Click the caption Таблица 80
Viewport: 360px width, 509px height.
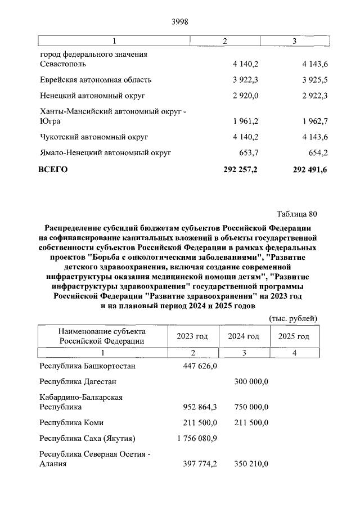pyautogui.click(x=297, y=214)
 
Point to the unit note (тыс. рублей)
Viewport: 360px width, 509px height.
pyautogui.click(x=294, y=318)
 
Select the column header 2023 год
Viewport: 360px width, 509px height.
pyautogui.click(x=192, y=336)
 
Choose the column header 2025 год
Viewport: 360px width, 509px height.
pyautogui.click(x=294, y=336)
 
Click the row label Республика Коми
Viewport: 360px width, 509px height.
pyautogui.click(x=71, y=422)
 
